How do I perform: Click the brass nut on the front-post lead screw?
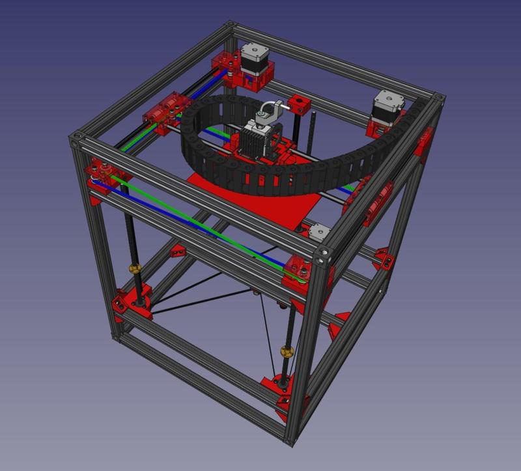[286, 352]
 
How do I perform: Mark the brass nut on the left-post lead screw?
[135, 268]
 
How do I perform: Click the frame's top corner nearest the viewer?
[324, 254]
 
